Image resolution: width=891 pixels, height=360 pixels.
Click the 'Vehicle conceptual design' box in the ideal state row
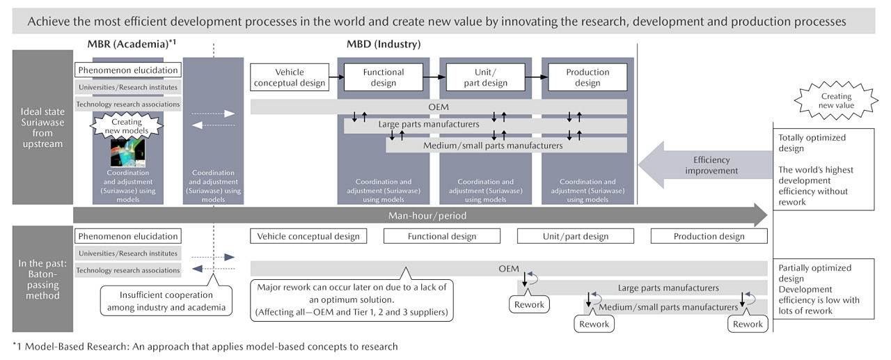289,77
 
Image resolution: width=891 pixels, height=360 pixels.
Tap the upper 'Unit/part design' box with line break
484,77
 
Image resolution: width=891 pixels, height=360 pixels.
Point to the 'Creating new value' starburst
835,101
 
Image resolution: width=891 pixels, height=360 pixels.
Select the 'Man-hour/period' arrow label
427,216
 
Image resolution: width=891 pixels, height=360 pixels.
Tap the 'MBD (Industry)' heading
383,44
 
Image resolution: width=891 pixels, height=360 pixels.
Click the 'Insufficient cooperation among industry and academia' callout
168,299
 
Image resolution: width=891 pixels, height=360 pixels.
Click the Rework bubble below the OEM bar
528,304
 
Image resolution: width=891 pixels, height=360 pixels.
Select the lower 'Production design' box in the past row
709,236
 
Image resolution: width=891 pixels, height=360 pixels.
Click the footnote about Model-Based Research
205,346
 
